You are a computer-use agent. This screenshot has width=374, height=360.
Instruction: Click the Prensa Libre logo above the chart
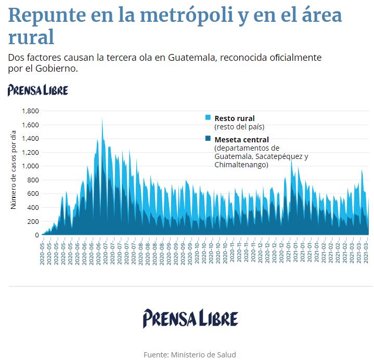pos(38,90)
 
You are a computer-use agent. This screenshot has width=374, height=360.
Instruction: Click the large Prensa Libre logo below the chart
pos(190,318)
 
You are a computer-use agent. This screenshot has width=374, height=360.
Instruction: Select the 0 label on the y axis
pos(37,235)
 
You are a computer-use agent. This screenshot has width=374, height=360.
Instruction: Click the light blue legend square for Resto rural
pos(208,118)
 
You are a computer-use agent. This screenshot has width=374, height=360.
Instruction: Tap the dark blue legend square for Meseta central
pos(208,139)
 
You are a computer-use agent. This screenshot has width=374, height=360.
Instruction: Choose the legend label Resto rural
pos(235,118)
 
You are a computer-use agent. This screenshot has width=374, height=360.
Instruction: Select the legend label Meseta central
pos(241,139)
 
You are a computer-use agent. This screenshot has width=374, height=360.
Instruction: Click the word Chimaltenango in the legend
pos(241,165)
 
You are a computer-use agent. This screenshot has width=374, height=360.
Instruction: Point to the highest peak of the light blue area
pos(102,119)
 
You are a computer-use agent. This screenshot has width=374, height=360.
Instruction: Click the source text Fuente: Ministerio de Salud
pos(190,354)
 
